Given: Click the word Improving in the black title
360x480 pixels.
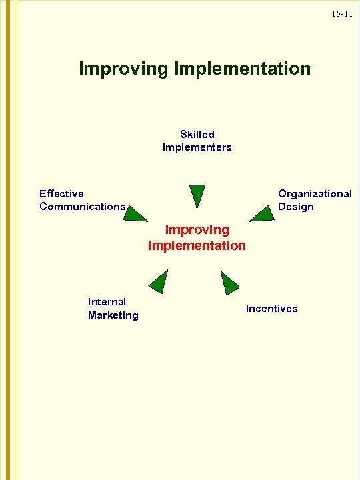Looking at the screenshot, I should (x=123, y=69).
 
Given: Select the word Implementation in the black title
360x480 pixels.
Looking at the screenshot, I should (x=241, y=69).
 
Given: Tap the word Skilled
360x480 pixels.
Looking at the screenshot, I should (x=197, y=134).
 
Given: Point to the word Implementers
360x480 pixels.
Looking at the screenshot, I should (x=197, y=147).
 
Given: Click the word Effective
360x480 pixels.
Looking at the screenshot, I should (x=61, y=193).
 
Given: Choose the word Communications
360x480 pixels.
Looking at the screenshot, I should (x=82, y=206).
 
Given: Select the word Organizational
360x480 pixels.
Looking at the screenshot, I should (x=315, y=193).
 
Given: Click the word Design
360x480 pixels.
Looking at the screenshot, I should (x=296, y=206).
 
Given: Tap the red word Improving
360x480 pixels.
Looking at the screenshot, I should (x=197, y=229).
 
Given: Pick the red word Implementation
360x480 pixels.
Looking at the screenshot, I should (x=197, y=245).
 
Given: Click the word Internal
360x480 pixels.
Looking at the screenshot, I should (x=107, y=301).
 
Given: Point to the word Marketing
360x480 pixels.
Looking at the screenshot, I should (x=113, y=315).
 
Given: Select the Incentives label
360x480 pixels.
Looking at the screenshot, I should (x=272, y=308).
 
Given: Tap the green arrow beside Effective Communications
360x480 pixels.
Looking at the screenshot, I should (x=136, y=213).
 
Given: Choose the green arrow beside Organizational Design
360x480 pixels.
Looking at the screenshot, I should (x=261, y=213).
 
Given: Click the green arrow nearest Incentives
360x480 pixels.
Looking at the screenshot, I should (x=229, y=283).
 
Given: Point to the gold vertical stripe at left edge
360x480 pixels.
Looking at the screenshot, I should (x=8, y=240).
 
